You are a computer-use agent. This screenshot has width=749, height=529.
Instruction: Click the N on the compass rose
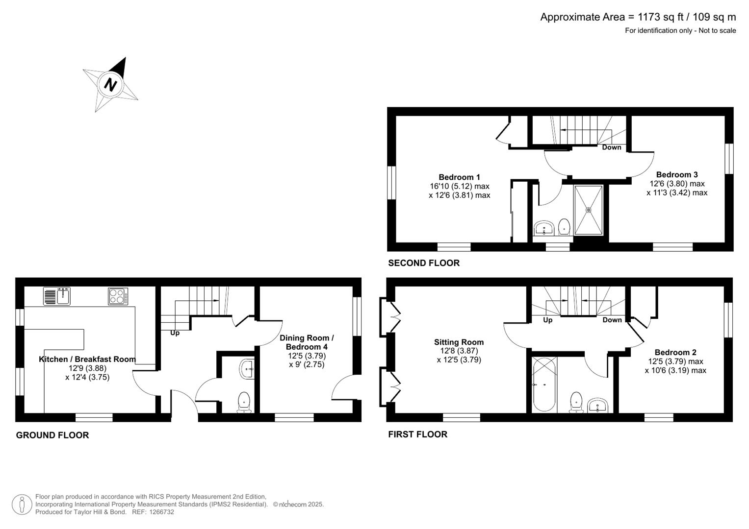coord(111,84)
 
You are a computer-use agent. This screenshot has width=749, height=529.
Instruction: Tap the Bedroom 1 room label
coord(459,177)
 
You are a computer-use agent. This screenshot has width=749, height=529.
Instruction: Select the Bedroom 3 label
coord(676,175)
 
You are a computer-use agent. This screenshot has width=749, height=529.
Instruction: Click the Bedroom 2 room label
coord(675,352)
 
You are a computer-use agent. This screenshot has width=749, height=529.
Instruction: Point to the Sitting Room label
coord(459,342)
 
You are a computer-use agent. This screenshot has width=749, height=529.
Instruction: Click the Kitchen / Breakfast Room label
coord(87,359)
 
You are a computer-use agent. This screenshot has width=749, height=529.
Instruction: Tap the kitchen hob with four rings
coord(118,296)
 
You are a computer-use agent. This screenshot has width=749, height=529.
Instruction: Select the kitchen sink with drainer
coord(57,296)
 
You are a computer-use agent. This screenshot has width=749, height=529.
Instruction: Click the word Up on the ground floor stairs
coord(175,333)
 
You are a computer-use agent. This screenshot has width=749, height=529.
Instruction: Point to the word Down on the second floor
coord(611,147)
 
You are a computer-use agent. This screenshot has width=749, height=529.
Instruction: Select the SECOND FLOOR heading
coord(424,263)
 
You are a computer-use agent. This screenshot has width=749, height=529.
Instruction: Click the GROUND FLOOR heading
coord(52,435)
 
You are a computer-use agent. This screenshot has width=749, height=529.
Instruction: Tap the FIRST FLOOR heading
coord(417,434)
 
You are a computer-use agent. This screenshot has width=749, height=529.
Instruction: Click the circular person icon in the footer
coord(22,505)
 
